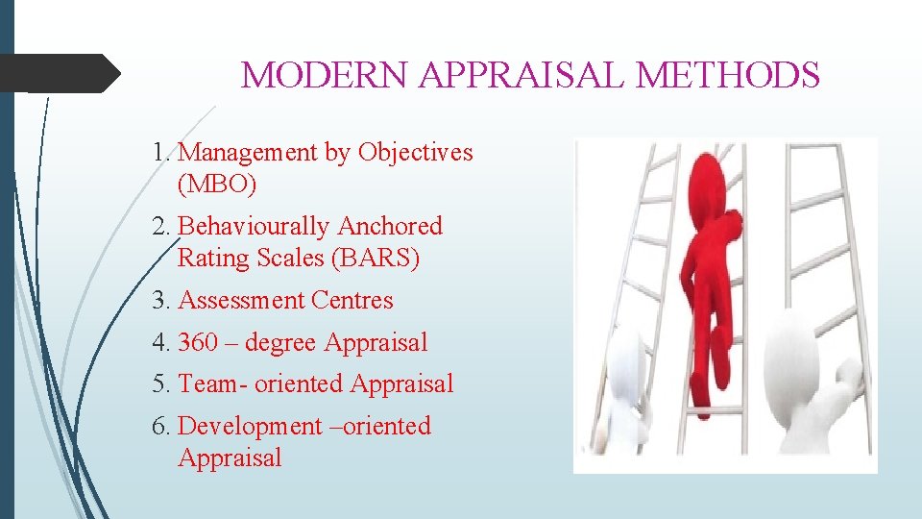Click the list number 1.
coord(160,152)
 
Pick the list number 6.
coord(160,426)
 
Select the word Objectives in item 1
coord(415,152)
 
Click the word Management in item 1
coord(248,152)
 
